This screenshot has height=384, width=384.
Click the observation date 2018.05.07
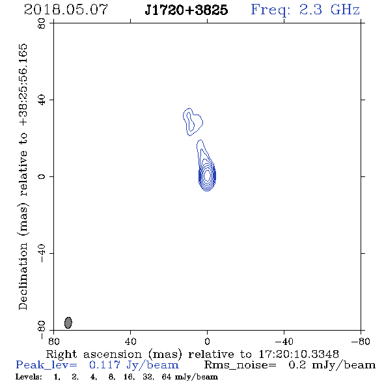pyautogui.click(x=66, y=10)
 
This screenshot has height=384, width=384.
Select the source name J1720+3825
pyautogui.click(x=186, y=10)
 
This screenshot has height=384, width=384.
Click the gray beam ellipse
pyautogui.click(x=68, y=323)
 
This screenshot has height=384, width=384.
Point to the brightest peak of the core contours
pyautogui.click(x=207, y=175)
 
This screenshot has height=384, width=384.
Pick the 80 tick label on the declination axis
pyautogui.click(x=42, y=23)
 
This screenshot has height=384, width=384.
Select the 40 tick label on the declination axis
pyautogui.click(x=42, y=100)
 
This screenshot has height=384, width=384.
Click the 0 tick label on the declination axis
pyautogui.click(x=42, y=176)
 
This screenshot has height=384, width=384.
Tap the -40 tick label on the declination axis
pyautogui.click(x=42, y=253)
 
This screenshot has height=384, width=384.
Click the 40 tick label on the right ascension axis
pyautogui.click(x=130, y=341)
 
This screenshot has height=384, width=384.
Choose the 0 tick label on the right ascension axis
pyautogui.click(x=207, y=341)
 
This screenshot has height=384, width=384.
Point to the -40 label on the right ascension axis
pyautogui.click(x=284, y=341)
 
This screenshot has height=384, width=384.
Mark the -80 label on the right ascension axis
pyautogui.click(x=361, y=341)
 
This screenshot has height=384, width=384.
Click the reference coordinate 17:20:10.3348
pyautogui.click(x=299, y=354)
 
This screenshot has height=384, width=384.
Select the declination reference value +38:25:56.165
pyautogui.click(x=23, y=85)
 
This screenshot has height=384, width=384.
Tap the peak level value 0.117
pyautogui.click(x=105, y=365)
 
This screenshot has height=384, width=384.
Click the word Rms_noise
pyautogui.click(x=240, y=365)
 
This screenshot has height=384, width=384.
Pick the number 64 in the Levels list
pyautogui.click(x=167, y=377)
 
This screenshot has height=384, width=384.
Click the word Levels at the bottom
pyautogui.click(x=29, y=377)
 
